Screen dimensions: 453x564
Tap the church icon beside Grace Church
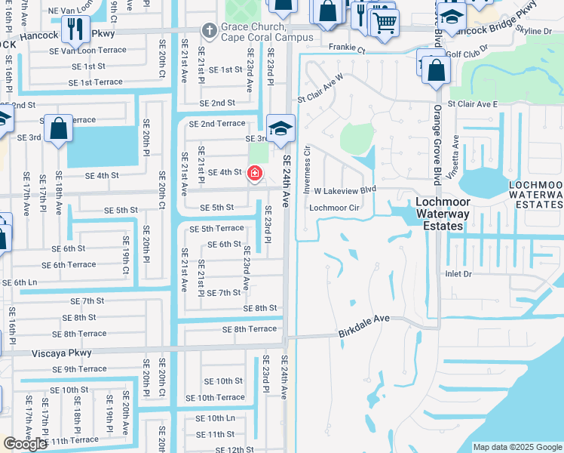point(208,30)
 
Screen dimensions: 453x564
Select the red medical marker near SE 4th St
point(255,174)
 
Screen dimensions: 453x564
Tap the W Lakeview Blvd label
point(345,192)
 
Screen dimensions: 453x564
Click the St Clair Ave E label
point(473,104)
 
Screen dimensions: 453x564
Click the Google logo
point(25,444)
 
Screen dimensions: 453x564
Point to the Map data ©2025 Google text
point(517,447)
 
